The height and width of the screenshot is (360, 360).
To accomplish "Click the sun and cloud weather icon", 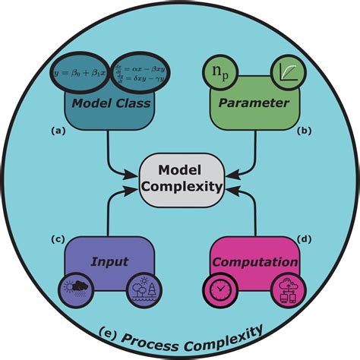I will coord(78,289).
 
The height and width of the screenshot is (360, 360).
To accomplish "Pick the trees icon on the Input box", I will coord(144,289).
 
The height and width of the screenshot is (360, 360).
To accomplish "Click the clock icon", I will coord(217,289).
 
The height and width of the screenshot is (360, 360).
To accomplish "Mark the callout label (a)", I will coord(57,130).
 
